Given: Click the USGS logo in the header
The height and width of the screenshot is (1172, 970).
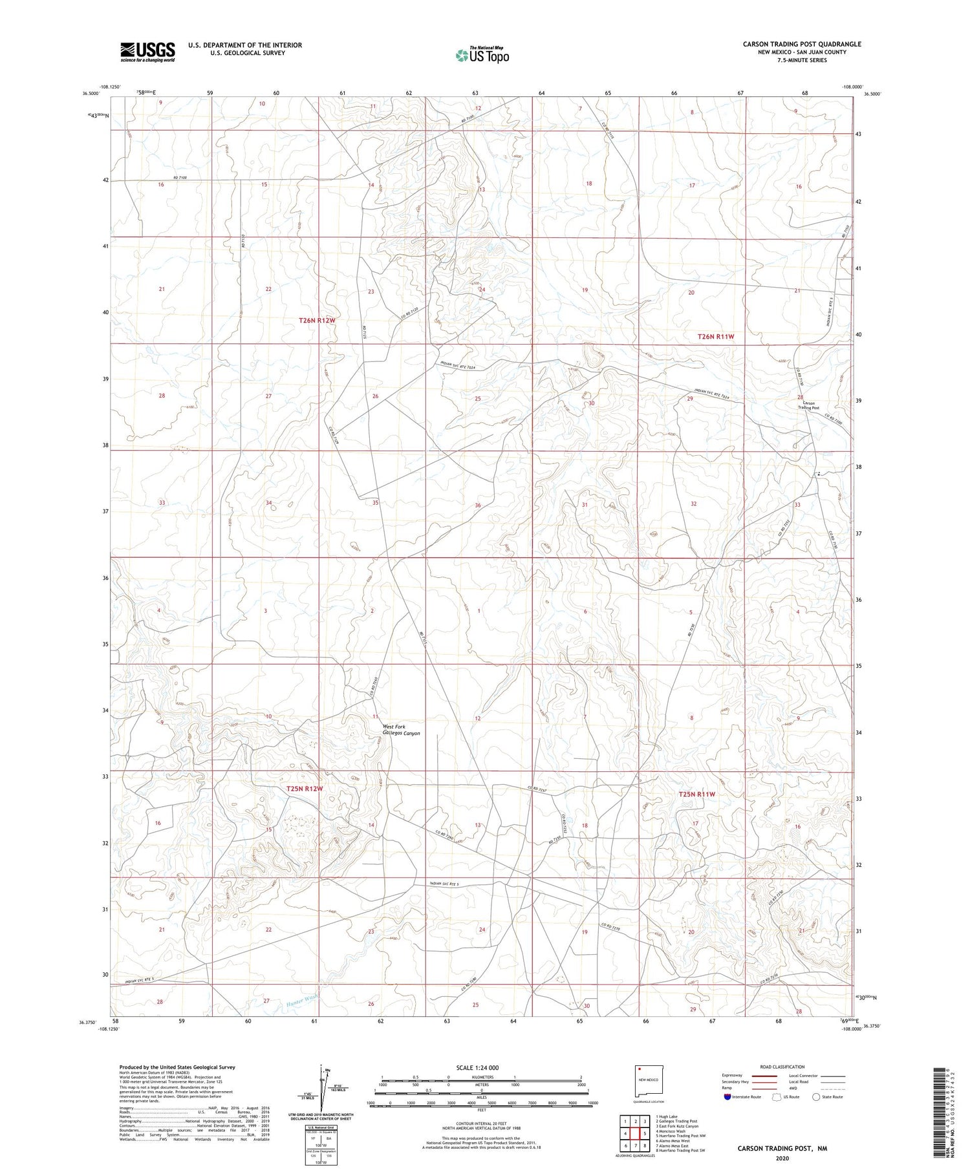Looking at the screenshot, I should [x=147, y=52].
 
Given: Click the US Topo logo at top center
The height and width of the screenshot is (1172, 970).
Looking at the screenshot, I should [x=482, y=56].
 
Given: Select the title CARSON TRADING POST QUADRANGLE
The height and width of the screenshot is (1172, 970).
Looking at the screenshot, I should [x=801, y=44].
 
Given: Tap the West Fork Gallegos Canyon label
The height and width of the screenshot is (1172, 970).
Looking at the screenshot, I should [x=401, y=730].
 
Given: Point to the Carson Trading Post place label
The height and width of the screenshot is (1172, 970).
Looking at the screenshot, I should [x=808, y=405].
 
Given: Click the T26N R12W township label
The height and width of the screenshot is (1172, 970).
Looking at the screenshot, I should [x=317, y=321].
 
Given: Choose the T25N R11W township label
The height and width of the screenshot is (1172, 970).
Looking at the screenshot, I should [x=696, y=794].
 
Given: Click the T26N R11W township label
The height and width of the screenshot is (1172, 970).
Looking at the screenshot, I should [x=716, y=337].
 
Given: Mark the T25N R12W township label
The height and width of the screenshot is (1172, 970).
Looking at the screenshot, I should [x=304, y=789].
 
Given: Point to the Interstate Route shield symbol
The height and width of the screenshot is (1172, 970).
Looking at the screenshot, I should [x=727, y=1097].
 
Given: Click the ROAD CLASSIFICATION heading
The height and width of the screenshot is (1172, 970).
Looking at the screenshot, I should [x=782, y=1067].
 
